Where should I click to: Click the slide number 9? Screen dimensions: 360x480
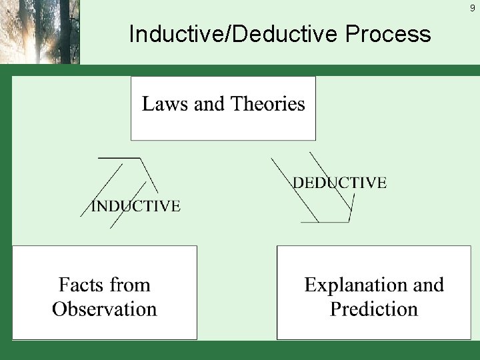pyautogui.click(x=472, y=9)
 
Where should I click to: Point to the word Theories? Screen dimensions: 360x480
pyautogui.click(x=267, y=104)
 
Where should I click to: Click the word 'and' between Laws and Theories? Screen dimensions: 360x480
pyautogui.click(x=209, y=104)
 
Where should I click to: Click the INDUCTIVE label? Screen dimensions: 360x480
pyautogui.click(x=135, y=206)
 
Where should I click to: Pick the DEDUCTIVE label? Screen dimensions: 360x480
pyautogui.click(x=339, y=183)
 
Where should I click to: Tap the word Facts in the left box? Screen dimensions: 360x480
pyautogui.click(x=83, y=285)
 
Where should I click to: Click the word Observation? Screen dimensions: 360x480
pyautogui.click(x=104, y=309)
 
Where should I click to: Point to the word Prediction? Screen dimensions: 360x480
pyautogui.click(x=373, y=309)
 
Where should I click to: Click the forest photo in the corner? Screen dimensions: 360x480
pyautogui.click(x=39, y=31)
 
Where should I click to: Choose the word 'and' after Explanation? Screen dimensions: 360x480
pyautogui.click(x=428, y=285)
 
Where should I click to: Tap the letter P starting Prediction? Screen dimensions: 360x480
pyautogui.click(x=335, y=309)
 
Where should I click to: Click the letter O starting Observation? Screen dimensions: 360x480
pyautogui.click(x=60, y=309)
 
